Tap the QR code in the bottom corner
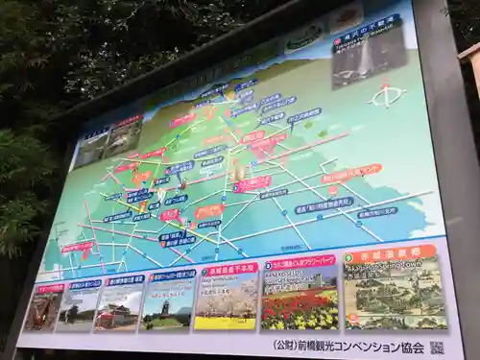[x=437, y=348]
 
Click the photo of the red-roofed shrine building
[x=119, y=309]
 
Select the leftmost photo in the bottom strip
[x=43, y=310]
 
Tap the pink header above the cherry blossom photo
[x=230, y=271]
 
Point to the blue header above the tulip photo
[x=300, y=263]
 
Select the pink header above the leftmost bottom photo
[x=51, y=287]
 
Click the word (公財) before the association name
[x=284, y=344]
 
